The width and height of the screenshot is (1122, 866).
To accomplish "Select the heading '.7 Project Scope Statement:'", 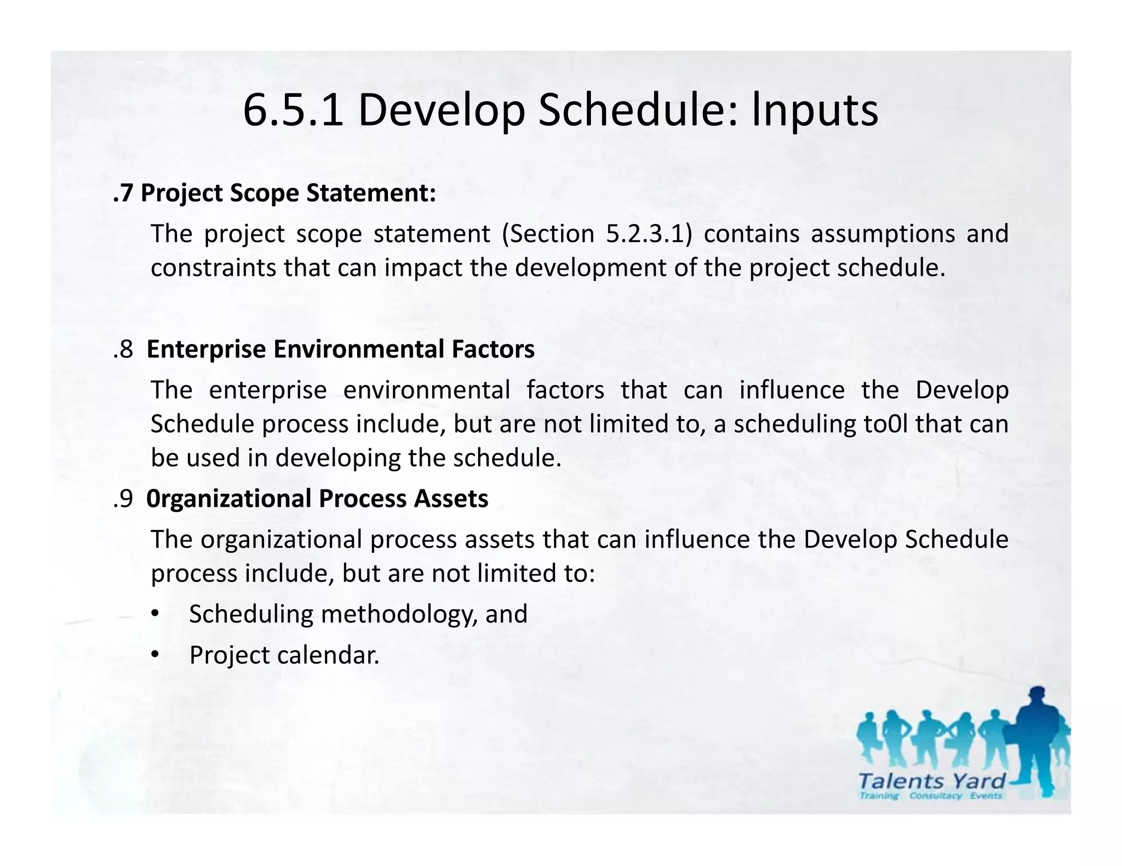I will pyautogui.click(x=274, y=193).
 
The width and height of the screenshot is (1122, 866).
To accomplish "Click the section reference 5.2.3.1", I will pyautogui.click(x=646, y=234).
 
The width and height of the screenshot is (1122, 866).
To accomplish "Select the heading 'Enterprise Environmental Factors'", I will pyautogui.click(x=340, y=349).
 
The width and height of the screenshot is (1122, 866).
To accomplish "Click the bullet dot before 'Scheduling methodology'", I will pyautogui.click(x=155, y=614).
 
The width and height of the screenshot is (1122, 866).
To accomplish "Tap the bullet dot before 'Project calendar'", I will pyautogui.click(x=155, y=655).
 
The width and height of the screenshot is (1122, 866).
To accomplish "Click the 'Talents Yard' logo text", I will pyautogui.click(x=932, y=781).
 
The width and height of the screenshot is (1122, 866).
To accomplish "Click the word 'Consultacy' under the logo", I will pyautogui.click(x=935, y=796).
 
